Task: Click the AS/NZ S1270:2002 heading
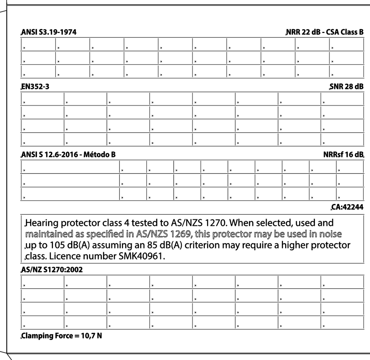51,270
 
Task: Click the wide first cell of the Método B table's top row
70,167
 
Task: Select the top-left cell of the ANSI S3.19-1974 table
38,45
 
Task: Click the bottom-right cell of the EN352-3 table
342,140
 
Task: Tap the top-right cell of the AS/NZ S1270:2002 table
342,282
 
